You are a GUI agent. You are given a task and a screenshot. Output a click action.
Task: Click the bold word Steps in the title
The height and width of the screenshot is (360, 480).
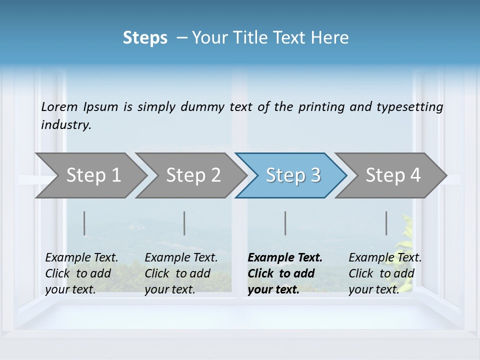point(145,38)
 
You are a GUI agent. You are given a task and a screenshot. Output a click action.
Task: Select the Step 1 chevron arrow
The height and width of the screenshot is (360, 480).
point(90,175)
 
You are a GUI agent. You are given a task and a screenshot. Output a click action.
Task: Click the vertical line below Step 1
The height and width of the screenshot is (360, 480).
point(84,223)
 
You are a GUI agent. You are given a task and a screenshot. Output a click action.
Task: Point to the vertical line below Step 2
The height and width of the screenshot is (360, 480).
point(184,223)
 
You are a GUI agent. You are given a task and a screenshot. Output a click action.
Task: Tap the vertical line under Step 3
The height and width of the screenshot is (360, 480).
point(285,223)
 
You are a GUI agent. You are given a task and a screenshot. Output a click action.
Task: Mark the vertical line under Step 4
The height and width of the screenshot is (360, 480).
point(386,223)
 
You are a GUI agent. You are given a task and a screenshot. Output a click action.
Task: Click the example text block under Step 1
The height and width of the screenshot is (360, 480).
point(81,273)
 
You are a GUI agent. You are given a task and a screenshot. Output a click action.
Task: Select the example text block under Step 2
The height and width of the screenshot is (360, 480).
point(181,273)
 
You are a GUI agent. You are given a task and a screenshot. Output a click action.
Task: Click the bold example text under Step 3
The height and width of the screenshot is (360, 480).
point(285,273)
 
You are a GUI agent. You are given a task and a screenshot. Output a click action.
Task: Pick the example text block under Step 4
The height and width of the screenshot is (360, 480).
point(385,273)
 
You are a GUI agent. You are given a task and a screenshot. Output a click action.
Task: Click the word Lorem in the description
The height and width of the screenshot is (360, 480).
point(59,106)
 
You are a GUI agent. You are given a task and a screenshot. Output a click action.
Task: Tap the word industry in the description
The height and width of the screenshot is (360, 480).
point(66,125)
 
